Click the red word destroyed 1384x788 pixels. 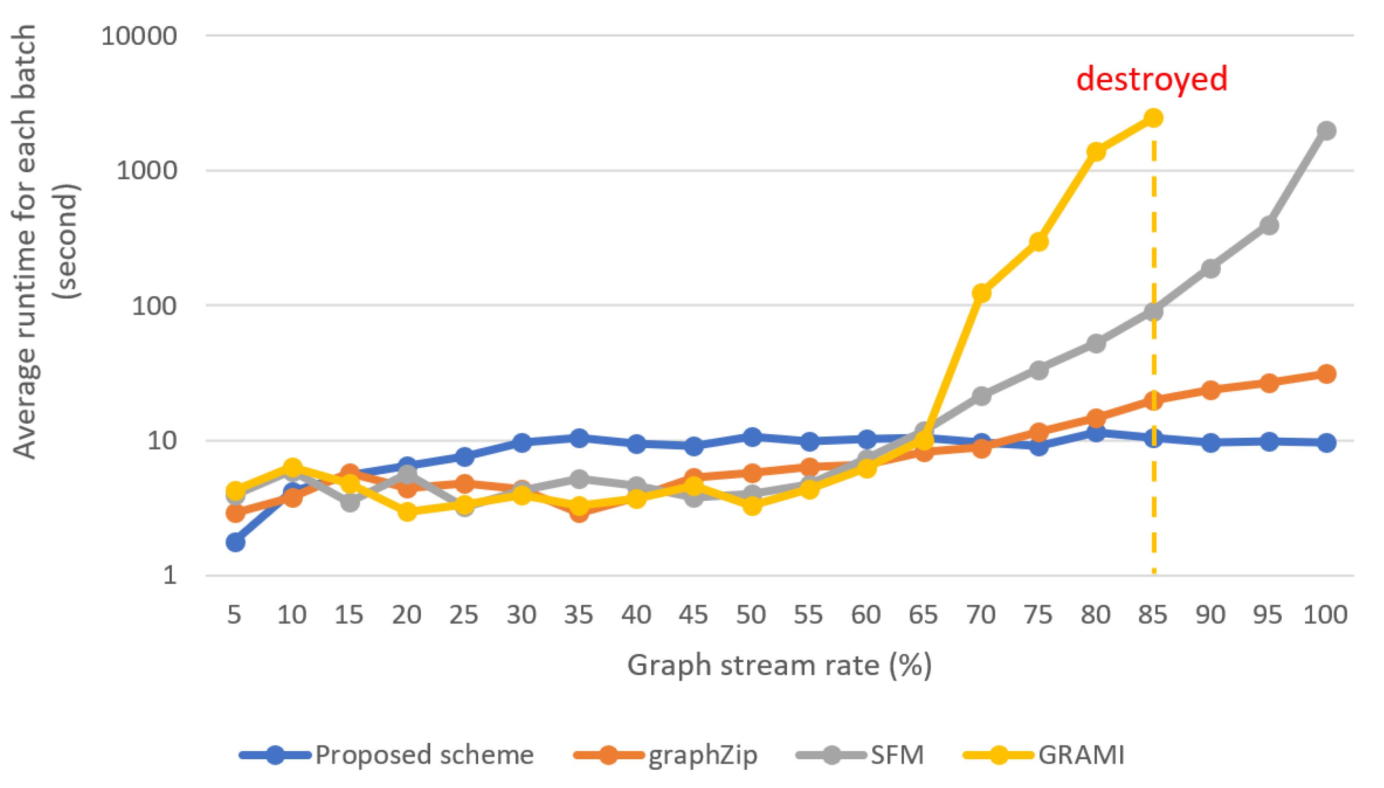point(1151,79)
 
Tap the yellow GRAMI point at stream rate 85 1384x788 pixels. point(1153,118)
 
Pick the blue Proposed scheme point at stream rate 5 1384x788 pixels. point(235,542)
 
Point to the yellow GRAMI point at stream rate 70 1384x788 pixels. point(981,293)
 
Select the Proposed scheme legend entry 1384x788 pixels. point(386,754)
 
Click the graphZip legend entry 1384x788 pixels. point(666,754)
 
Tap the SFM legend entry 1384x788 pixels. point(860,754)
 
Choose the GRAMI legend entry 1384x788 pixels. point(1044,754)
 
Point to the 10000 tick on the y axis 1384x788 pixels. point(139,36)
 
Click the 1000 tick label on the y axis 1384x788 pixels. point(146,171)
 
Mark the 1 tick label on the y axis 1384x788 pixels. point(170,575)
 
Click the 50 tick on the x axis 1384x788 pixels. point(751,615)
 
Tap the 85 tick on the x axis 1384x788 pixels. point(1153,615)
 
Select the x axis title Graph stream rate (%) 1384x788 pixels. point(779,664)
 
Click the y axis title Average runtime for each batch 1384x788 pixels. point(24,241)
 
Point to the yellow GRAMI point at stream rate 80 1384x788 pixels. point(1096,151)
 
